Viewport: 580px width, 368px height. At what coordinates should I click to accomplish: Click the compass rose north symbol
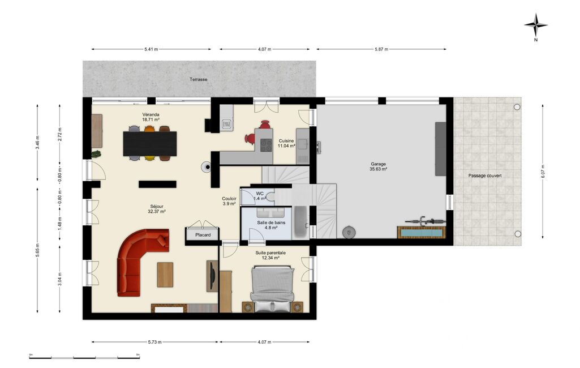pyautogui.click(x=536, y=25)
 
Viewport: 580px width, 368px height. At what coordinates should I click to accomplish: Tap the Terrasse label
pyautogui.click(x=198, y=79)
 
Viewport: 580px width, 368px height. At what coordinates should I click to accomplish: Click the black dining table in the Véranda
pyautogui.click(x=150, y=143)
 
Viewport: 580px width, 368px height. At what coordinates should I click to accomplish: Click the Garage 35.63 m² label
pyautogui.click(x=378, y=166)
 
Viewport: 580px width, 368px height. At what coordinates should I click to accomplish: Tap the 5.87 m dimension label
pyautogui.click(x=381, y=49)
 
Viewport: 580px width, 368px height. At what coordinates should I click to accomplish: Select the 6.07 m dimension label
pyautogui.click(x=543, y=171)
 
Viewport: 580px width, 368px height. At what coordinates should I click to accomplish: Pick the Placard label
pyautogui.click(x=203, y=235)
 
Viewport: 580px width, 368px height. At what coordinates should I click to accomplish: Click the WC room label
pyautogui.click(x=260, y=194)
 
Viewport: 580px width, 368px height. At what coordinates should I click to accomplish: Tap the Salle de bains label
pyautogui.click(x=271, y=222)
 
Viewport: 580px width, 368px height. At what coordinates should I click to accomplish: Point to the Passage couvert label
pyautogui.click(x=485, y=176)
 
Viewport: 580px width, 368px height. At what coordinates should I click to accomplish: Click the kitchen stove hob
pyautogui.click(x=266, y=145)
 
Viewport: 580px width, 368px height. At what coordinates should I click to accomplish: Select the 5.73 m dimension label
pyautogui.click(x=154, y=342)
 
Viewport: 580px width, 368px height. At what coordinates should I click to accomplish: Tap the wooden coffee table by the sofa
pyautogui.click(x=165, y=275)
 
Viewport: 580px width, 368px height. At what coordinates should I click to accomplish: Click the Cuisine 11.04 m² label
pyautogui.click(x=286, y=143)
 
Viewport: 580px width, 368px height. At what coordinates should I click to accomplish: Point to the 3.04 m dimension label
pyautogui.click(x=60, y=279)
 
